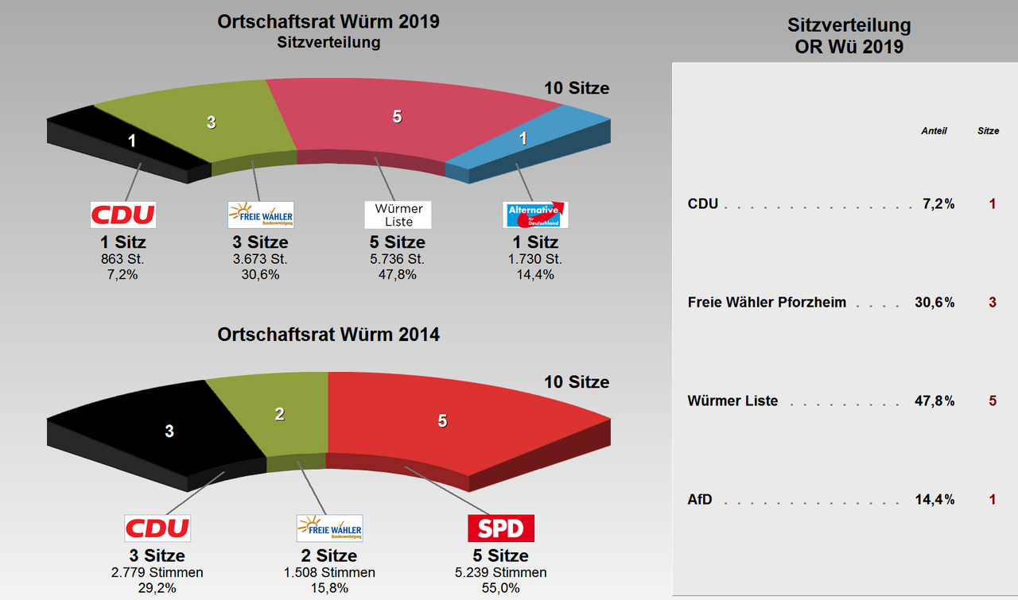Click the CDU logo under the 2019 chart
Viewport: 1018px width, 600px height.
pyautogui.click(x=122, y=215)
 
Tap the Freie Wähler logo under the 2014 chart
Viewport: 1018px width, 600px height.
pyautogui.click(x=329, y=528)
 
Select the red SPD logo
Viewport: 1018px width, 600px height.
pyautogui.click(x=500, y=528)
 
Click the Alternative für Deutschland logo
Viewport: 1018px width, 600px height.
pyautogui.click(x=536, y=215)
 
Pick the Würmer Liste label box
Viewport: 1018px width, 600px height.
pyautogui.click(x=398, y=215)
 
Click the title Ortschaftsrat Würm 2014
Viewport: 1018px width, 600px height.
pyautogui.click(x=328, y=335)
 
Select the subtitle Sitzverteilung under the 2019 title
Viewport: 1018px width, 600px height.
pyautogui.click(x=328, y=43)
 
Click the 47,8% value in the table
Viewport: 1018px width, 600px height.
pyautogui.click(x=934, y=401)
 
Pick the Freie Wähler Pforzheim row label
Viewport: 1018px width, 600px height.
pyautogui.click(x=767, y=303)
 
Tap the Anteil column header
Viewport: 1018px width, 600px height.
pyautogui.click(x=934, y=131)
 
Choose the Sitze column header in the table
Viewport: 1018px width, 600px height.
pyautogui.click(x=988, y=131)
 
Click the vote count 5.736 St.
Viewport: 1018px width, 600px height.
pyautogui.click(x=397, y=259)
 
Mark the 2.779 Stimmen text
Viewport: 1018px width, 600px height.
pyautogui.click(x=157, y=573)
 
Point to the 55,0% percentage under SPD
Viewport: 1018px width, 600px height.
pyautogui.click(x=500, y=588)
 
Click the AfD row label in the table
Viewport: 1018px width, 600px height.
pyautogui.click(x=700, y=500)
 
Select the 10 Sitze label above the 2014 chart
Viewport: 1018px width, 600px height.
pyautogui.click(x=577, y=382)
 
